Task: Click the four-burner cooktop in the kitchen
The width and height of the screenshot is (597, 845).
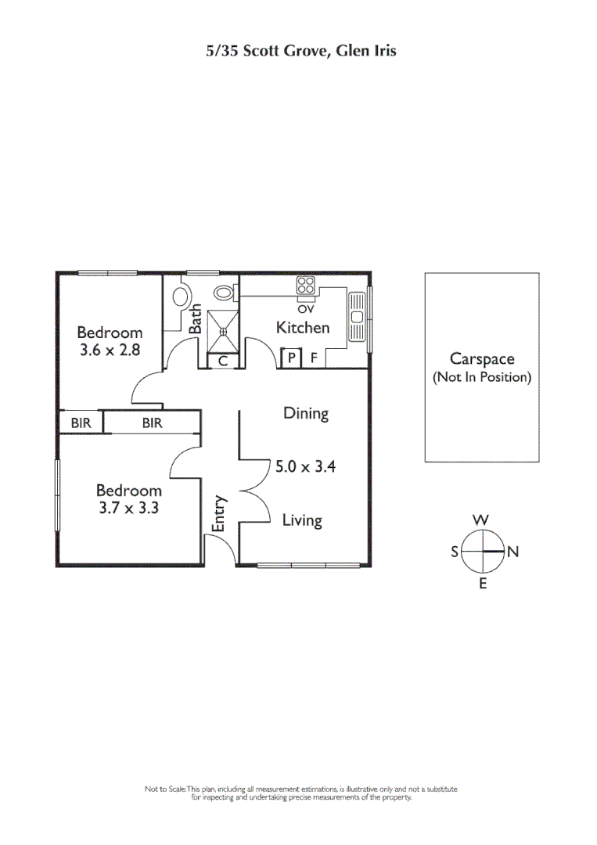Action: point(305,287)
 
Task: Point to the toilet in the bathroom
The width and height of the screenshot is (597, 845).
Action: point(225,293)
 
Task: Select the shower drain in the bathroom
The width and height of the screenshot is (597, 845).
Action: point(223,332)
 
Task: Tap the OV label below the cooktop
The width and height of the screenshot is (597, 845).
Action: point(305,309)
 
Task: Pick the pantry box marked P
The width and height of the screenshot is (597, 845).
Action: point(290,359)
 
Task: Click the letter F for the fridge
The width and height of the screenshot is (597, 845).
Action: point(313,359)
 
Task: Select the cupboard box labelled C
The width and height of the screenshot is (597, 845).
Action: point(223,361)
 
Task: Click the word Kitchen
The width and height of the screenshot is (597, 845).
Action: point(303,328)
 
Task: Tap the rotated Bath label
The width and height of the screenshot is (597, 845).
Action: point(196,319)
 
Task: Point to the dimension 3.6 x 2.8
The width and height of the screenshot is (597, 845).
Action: point(110,351)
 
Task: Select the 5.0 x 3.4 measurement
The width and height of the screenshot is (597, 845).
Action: point(305,467)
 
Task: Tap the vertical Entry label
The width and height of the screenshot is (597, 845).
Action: point(220,514)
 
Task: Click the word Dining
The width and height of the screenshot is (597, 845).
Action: point(305,413)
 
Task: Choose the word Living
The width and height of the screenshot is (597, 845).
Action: point(302,520)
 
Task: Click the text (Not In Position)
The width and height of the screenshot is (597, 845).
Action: point(482,377)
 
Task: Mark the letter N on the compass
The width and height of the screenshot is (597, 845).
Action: point(513,552)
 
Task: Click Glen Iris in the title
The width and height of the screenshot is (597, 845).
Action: point(368,51)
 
